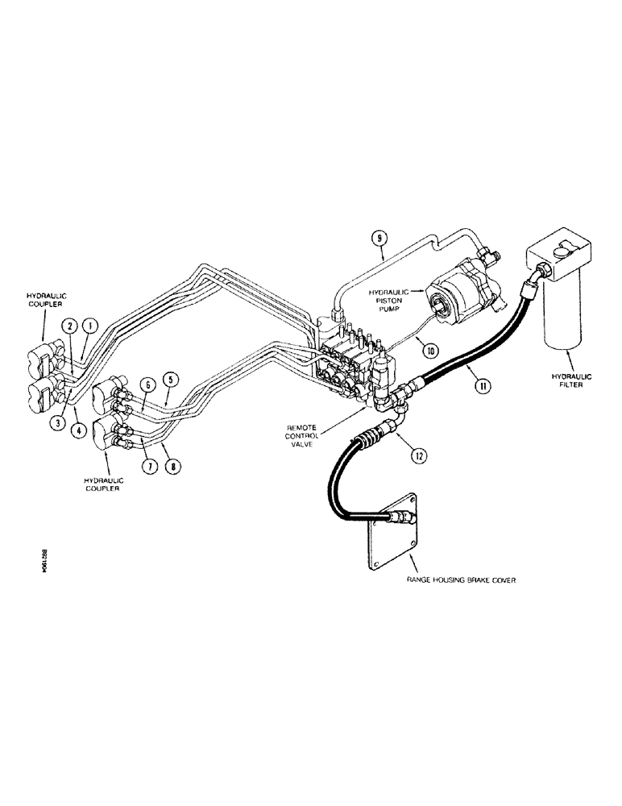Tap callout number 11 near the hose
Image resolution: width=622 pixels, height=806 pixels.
pos(482,386)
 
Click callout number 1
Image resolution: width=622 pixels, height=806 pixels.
pos(91,326)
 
